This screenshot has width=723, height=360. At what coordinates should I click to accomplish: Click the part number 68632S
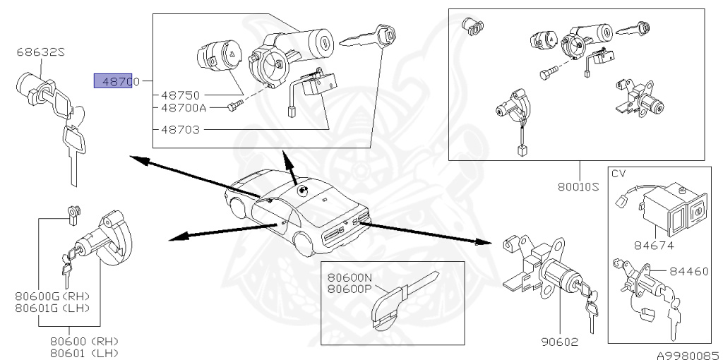coord(41,52)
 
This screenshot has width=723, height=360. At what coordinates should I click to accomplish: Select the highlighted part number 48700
coord(118,82)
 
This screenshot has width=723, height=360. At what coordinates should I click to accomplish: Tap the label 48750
coord(180,95)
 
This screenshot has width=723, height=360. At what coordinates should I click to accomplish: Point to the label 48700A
coord(183,108)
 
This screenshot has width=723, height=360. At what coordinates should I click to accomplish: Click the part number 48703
coord(180,130)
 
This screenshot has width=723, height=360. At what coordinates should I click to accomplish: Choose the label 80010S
coord(578,186)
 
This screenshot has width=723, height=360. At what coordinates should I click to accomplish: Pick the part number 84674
coord(653,246)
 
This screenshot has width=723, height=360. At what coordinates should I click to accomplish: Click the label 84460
coord(689,270)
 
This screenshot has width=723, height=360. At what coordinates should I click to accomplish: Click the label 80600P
coord(350,288)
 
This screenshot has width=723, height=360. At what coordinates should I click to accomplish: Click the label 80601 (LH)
coord(84,352)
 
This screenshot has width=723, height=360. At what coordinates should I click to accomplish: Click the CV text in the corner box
coord(619,173)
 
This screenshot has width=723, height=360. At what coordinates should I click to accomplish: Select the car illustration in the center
coord(297,212)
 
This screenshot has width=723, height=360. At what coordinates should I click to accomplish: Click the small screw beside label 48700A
coord(236,107)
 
